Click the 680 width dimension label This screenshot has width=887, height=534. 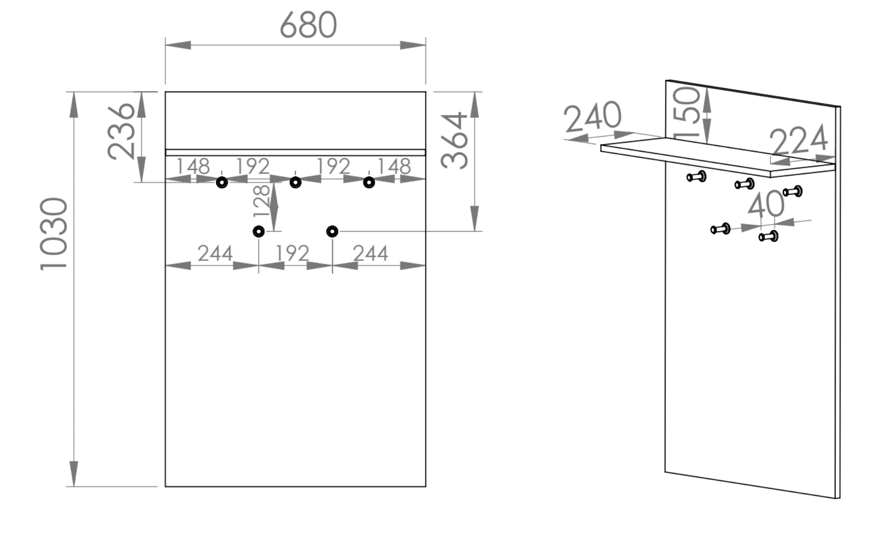(x=308, y=25)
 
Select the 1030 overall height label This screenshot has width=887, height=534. (x=54, y=234)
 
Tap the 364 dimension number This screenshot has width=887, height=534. (x=454, y=140)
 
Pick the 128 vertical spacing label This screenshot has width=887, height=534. (x=262, y=201)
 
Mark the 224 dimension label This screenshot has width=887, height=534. (x=798, y=140)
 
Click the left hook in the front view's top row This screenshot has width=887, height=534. (x=222, y=182)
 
